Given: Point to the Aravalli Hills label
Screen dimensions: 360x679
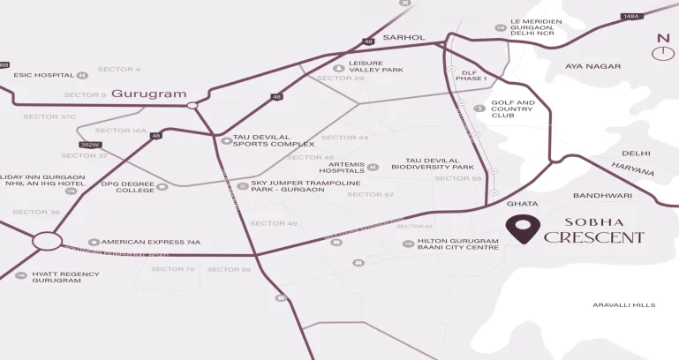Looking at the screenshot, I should pyautogui.click(x=624, y=304).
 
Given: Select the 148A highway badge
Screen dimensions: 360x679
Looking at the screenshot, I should pyautogui.click(x=631, y=16).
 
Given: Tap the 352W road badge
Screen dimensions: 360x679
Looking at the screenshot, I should pyautogui.click(x=89, y=145).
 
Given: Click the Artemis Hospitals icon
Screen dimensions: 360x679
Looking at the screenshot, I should pyautogui.click(x=373, y=167).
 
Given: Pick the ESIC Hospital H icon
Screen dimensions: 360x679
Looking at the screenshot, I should pyautogui.click(x=82, y=75).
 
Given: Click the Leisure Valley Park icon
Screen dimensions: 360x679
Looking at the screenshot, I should pyautogui.click(x=337, y=68).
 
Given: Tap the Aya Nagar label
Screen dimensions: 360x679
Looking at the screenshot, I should pyautogui.click(x=592, y=66).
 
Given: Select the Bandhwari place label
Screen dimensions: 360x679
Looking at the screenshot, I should pyautogui.click(x=602, y=195).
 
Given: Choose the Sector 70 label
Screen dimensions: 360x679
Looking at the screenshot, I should pyautogui.click(x=177, y=269).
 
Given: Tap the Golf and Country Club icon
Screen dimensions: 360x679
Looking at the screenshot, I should pyautogui.click(x=479, y=109).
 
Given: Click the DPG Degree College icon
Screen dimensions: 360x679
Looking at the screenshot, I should pyautogui.click(x=162, y=186).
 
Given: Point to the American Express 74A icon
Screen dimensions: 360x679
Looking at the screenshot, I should pyautogui.click(x=94, y=242).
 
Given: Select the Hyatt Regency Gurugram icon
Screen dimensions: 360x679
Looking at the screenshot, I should pyautogui.click(x=22, y=274).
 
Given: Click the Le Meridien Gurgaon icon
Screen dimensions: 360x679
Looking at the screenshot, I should pyautogui.click(x=501, y=27).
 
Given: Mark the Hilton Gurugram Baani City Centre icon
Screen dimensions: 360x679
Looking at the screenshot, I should pyautogui.click(x=407, y=242).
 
